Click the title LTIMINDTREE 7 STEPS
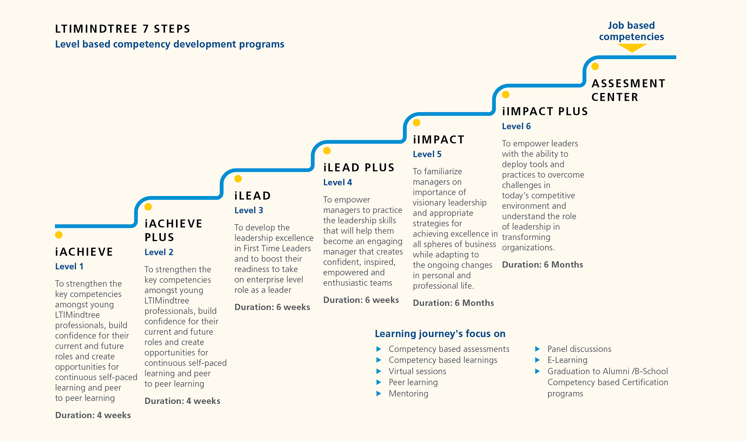[123, 29]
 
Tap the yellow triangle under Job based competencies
[632, 48]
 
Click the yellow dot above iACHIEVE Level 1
[59, 235]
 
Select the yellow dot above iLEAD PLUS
[327, 151]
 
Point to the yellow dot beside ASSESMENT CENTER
[595, 67]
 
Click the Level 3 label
[249, 210]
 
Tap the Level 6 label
[516, 126]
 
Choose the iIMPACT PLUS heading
[545, 111]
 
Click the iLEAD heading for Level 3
[253, 196]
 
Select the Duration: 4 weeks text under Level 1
[93, 415]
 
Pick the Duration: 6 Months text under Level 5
[453, 303]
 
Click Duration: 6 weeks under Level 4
[361, 300]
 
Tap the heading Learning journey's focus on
[440, 334]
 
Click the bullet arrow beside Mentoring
[379, 393]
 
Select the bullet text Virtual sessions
[417, 371]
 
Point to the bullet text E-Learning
[567, 360]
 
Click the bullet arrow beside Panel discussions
[537, 349]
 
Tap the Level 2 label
[159, 252]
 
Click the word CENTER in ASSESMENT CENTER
[615, 97]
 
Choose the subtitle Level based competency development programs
[170, 44]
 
